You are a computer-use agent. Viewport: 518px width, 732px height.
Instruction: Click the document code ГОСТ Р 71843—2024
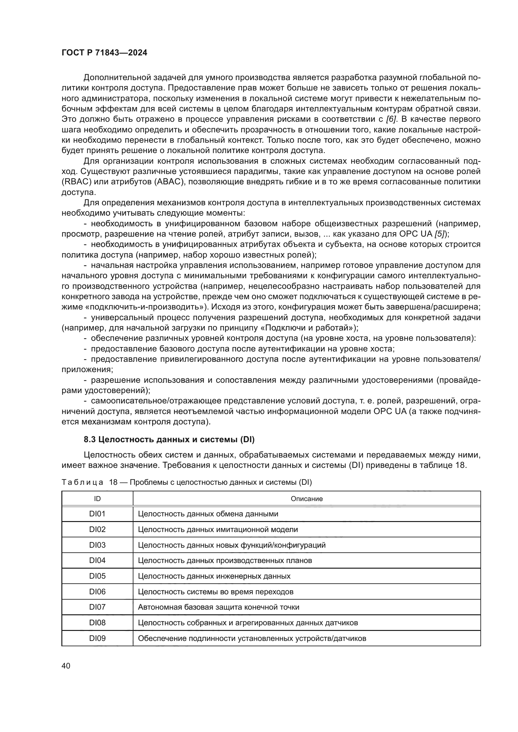pyautogui.click(x=104, y=53)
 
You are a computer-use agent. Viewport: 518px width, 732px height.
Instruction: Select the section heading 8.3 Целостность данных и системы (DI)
pyautogui.click(x=169, y=440)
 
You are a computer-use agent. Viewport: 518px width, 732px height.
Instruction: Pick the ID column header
pyautogui.click(x=97, y=499)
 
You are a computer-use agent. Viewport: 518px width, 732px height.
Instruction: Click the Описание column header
pyautogui.click(x=307, y=499)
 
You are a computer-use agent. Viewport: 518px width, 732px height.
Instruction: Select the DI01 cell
pyautogui.click(x=97, y=514)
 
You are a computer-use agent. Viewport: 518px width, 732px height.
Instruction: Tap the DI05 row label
pyautogui.click(x=97, y=576)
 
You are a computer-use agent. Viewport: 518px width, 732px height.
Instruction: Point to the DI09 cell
pyautogui.click(x=97, y=638)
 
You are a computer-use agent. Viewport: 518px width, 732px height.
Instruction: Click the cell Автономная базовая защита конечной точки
pyautogui.click(x=219, y=607)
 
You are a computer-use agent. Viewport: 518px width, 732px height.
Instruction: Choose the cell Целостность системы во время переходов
pyautogui.click(x=215, y=592)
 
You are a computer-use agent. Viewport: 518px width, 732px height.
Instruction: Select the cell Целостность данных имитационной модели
pyautogui.click(x=218, y=530)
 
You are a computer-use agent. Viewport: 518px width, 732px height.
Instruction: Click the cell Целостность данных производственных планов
pyautogui.click(x=225, y=561)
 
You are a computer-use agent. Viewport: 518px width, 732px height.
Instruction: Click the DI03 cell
pyautogui.click(x=97, y=545)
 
